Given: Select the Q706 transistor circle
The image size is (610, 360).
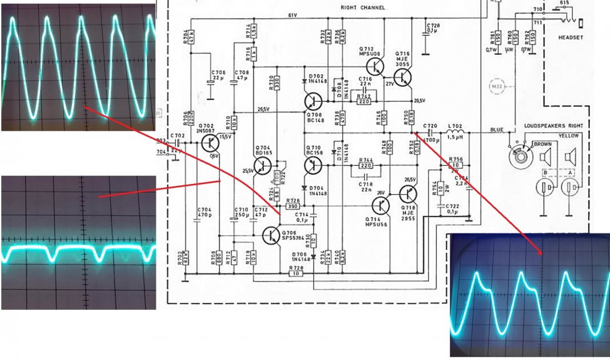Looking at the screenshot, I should (x=272, y=235).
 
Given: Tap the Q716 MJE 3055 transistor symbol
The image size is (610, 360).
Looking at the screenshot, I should (x=404, y=77).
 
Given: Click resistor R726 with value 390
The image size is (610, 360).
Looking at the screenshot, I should (x=293, y=206).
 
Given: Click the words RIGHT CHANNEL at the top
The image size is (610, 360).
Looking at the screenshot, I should (x=363, y=8).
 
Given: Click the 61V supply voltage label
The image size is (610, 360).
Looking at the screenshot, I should (x=292, y=14).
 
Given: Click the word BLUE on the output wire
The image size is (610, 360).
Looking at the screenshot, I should (x=497, y=130).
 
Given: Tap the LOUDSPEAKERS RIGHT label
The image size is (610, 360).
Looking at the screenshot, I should (x=551, y=126).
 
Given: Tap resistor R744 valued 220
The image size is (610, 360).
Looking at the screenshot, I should (x=365, y=166).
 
